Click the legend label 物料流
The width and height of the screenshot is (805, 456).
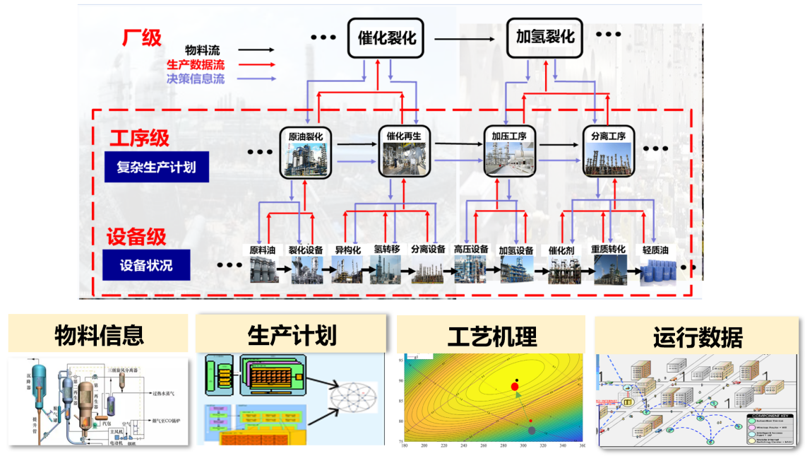click(x=203, y=51)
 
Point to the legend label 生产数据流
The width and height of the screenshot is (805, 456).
click(x=196, y=65)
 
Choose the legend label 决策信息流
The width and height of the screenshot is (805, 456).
click(x=196, y=79)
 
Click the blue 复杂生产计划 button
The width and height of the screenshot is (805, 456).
click(x=156, y=168)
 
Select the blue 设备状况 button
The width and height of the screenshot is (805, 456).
click(x=146, y=266)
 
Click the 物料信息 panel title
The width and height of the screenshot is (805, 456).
click(x=99, y=335)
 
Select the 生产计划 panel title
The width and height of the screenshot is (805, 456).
click(x=292, y=335)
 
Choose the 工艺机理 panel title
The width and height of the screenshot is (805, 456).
click(x=491, y=335)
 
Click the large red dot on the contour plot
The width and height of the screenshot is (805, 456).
click(x=515, y=386)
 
